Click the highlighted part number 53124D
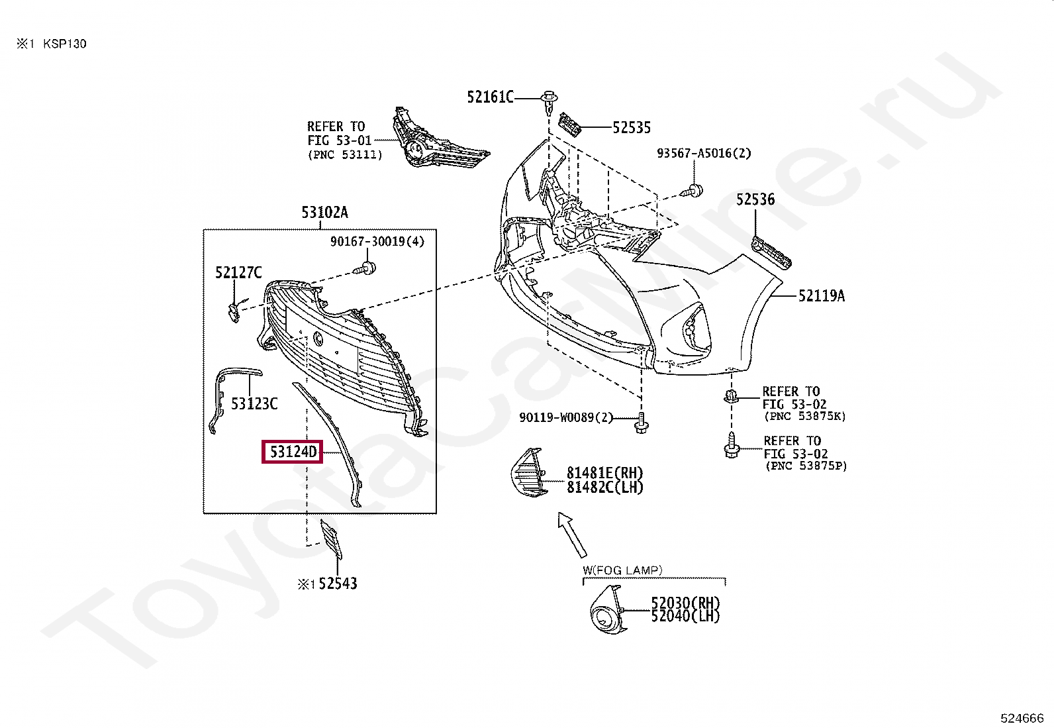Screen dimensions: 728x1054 (293, 452)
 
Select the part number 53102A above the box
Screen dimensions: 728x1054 (324, 212)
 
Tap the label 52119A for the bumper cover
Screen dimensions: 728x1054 (821, 295)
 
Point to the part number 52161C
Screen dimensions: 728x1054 (490, 97)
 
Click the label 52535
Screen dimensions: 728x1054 (631, 127)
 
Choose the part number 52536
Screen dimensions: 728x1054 (755, 199)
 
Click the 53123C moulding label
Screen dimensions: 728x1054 (254, 403)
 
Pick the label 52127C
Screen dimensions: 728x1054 (238, 272)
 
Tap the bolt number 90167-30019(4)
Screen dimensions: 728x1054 (377, 242)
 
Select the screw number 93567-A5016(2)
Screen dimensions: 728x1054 (704, 153)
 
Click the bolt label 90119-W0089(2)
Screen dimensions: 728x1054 (566, 418)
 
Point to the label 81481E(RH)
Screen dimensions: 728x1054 (604, 473)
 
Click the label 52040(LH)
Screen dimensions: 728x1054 (685, 616)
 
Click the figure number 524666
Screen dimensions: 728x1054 (1022, 717)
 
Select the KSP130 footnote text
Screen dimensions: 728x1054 (64, 44)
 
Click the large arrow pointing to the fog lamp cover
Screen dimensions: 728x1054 (573, 534)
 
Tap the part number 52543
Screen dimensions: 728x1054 (338, 584)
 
